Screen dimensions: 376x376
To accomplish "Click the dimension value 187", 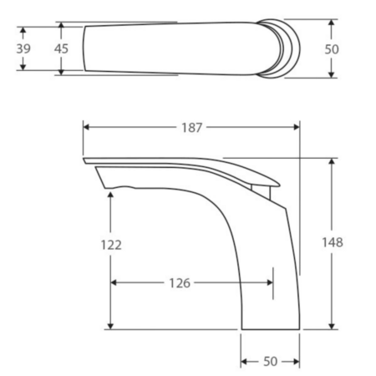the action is click(x=191, y=128).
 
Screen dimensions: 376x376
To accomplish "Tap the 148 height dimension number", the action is click(x=333, y=242).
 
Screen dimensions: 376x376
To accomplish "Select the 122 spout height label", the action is click(x=111, y=245).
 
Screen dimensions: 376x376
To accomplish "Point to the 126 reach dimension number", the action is click(x=180, y=283).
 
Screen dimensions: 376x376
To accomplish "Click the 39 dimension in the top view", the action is click(x=23, y=48).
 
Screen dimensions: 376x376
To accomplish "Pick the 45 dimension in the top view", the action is click(x=61, y=48).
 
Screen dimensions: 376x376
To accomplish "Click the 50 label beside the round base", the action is click(x=332, y=49).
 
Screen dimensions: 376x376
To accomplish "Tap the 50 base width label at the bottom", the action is click(x=271, y=362).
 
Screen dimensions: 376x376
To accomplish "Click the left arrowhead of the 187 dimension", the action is click(x=86, y=127).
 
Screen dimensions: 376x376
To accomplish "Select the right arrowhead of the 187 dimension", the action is click(x=297, y=127).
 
